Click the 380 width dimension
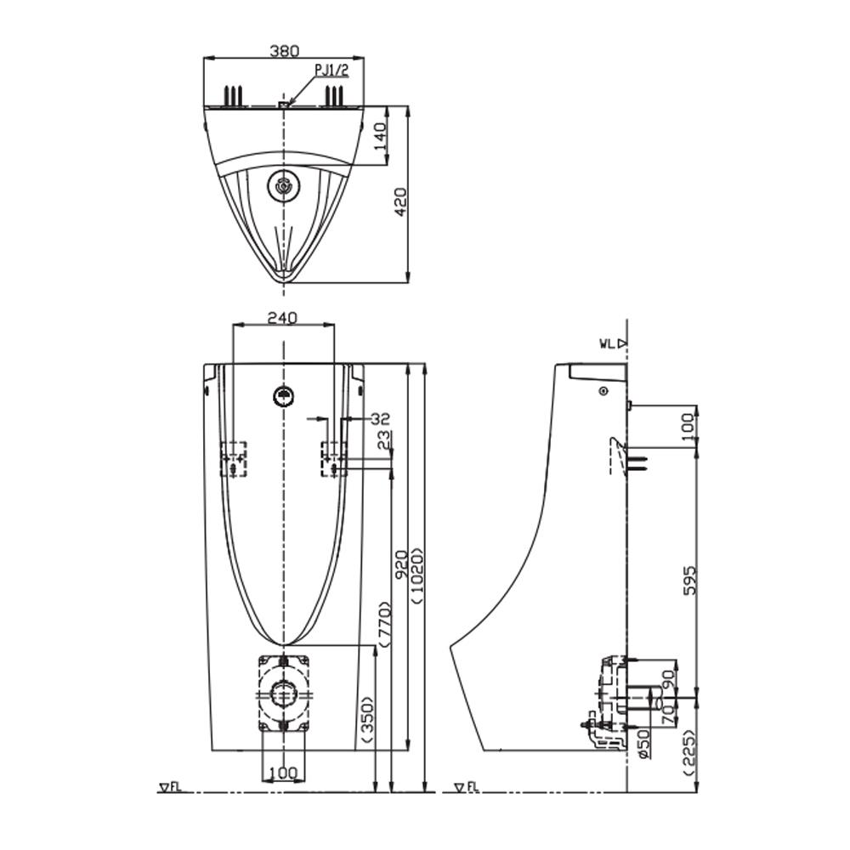click(x=284, y=50)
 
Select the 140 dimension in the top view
click(x=380, y=134)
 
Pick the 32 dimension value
click(x=381, y=418)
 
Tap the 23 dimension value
click(x=385, y=441)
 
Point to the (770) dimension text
click(x=383, y=626)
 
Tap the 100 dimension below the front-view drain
click(x=283, y=772)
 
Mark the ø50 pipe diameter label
click(x=643, y=741)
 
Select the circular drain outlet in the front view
click(x=282, y=694)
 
